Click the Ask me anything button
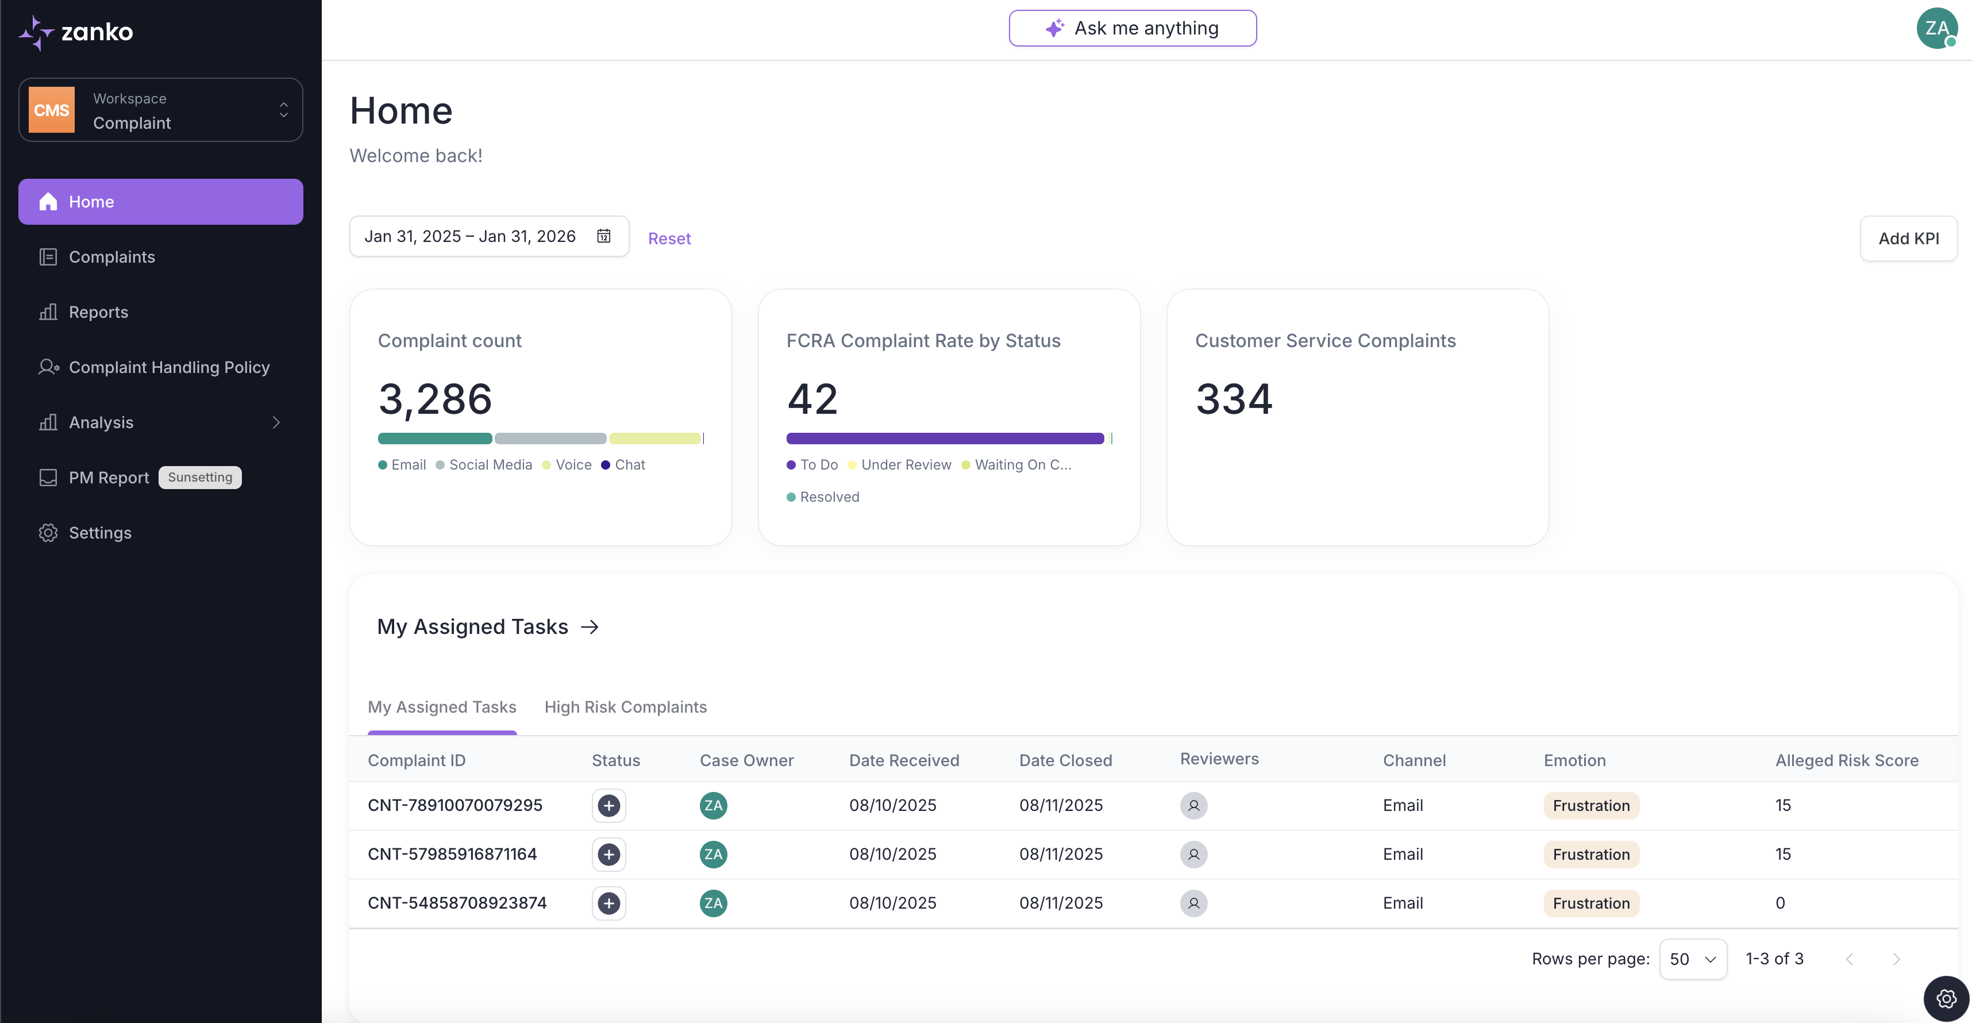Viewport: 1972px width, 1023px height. tap(1132, 28)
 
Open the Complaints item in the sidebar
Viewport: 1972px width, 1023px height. tap(112, 257)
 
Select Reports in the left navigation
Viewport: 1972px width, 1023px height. tap(98, 313)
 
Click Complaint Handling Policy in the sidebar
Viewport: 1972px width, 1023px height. tap(168, 368)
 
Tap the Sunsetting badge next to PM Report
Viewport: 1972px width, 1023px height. tap(200, 478)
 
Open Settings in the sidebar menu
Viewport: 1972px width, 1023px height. tap(99, 533)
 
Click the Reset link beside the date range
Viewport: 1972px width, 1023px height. tap(669, 239)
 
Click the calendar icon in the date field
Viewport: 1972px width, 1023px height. tap(604, 237)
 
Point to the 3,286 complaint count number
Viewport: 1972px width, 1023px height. tap(435, 399)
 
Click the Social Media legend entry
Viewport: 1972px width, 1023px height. tap(490, 465)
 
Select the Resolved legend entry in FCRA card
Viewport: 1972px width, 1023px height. tap(829, 497)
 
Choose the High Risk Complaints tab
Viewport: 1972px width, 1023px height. tap(625, 707)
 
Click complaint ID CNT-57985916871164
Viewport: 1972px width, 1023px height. tap(452, 855)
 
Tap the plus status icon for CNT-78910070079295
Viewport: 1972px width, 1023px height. tap(608, 806)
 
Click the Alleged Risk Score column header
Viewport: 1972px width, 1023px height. tap(1847, 760)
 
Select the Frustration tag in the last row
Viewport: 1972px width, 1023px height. tap(1591, 903)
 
